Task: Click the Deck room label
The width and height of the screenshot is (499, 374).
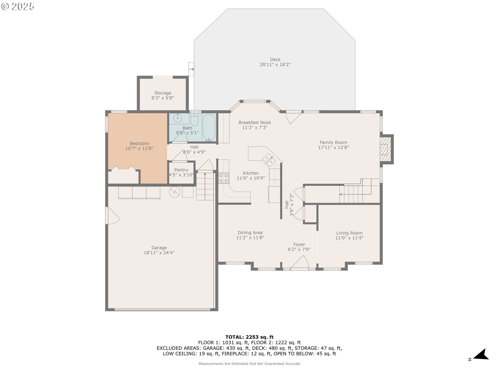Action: pyautogui.click(x=275, y=60)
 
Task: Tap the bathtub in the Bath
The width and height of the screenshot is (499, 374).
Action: pyautogui.click(x=209, y=128)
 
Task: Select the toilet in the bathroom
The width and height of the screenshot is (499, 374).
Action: pyautogui.click(x=194, y=120)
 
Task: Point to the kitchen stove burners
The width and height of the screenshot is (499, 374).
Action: pyautogui.click(x=224, y=178)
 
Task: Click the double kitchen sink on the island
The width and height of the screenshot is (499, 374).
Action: pyautogui.click(x=269, y=159)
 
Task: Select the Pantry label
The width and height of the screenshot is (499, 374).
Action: pyautogui.click(x=181, y=170)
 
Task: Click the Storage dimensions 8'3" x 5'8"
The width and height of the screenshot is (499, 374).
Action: pyautogui.click(x=163, y=98)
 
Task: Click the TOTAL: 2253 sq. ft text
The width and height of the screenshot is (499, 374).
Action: pyautogui.click(x=249, y=337)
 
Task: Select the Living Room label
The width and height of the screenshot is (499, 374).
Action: pyautogui.click(x=349, y=233)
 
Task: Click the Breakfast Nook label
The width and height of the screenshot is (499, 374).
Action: pyautogui.click(x=255, y=123)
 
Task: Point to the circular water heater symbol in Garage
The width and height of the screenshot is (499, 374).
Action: pyautogui.click(x=175, y=192)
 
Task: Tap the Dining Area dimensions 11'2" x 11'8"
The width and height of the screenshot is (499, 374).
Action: pyautogui.click(x=250, y=237)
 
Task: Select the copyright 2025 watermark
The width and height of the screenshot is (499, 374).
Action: pyautogui.click(x=18, y=6)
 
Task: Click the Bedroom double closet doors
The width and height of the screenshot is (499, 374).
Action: pyautogui.click(x=123, y=168)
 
